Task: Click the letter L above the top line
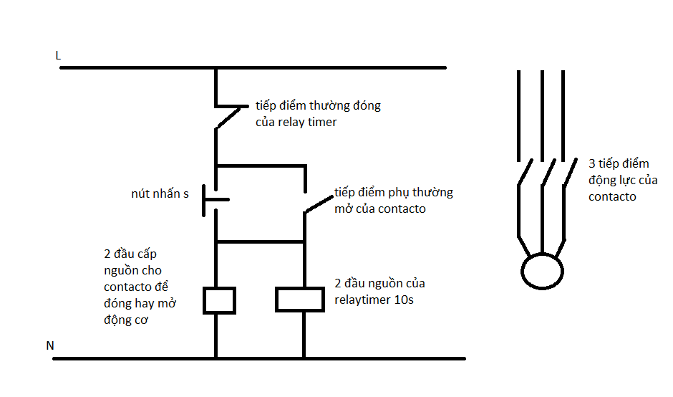point(58,55)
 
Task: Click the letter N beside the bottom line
point(50,345)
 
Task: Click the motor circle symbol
point(542,254)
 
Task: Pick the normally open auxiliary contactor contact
point(319,204)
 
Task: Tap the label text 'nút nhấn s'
point(160,193)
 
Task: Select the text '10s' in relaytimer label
point(404,300)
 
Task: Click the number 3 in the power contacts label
point(592,163)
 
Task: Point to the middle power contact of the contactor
point(548,172)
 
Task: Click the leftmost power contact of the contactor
point(525,172)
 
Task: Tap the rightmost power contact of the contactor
point(570,172)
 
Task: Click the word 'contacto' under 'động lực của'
point(612,197)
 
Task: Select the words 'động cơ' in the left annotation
point(126,320)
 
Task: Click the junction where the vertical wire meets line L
point(216,68)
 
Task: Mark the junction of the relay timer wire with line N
point(304,358)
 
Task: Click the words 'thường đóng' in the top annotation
point(344,105)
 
